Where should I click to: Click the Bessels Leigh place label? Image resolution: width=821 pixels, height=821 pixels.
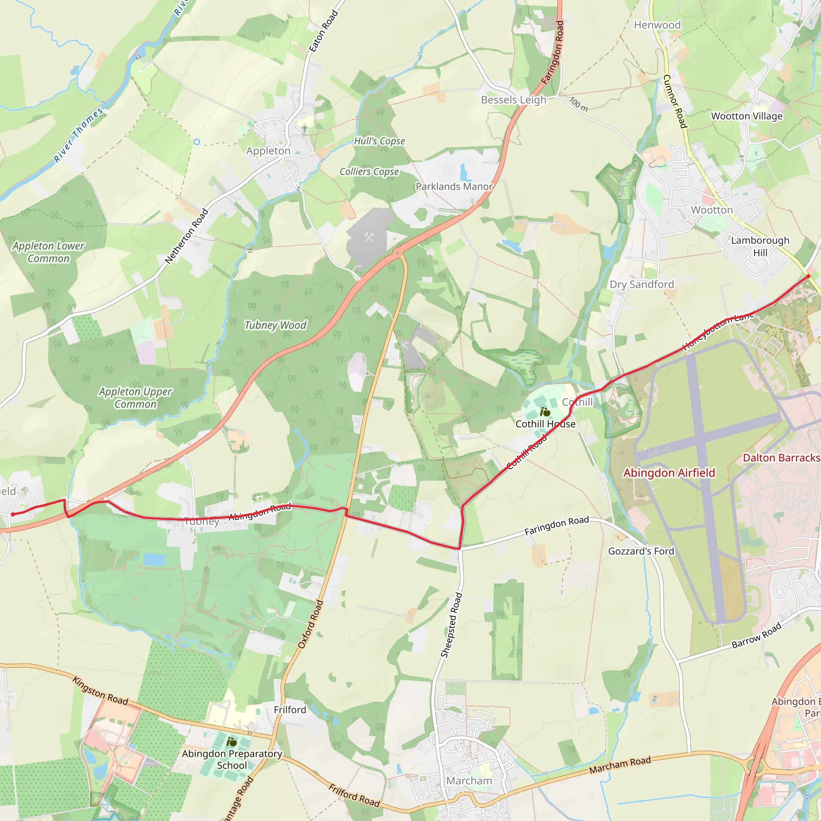[514, 100]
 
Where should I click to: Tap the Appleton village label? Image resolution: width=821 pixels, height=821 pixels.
[268, 151]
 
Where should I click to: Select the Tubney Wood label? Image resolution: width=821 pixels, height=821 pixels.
[275, 325]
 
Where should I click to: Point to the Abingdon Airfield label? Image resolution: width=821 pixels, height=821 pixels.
[669, 473]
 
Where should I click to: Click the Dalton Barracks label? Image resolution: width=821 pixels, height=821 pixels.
[781, 458]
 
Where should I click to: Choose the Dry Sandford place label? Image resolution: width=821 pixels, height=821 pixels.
[642, 284]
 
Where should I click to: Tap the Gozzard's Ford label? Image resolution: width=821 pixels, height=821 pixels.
[641, 551]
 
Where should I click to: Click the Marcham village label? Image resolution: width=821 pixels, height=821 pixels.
[469, 781]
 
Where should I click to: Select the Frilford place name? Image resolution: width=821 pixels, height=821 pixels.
[290, 710]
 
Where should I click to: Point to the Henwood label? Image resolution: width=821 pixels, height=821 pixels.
[657, 25]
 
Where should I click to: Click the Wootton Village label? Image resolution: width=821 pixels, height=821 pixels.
[746, 116]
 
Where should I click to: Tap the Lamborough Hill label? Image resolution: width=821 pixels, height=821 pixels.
[760, 247]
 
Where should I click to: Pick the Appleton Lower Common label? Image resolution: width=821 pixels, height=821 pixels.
[49, 252]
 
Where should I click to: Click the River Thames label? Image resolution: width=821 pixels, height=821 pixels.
[79, 135]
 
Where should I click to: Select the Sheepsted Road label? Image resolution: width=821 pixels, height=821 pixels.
[451, 625]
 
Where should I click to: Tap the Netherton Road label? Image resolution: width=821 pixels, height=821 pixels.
[186, 236]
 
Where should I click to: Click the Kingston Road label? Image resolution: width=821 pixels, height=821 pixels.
[100, 691]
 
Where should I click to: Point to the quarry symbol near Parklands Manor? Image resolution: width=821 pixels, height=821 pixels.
[369, 237]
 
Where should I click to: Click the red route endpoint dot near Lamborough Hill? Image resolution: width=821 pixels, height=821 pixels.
[808, 276]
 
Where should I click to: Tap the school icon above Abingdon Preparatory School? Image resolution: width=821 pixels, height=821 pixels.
[231, 742]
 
